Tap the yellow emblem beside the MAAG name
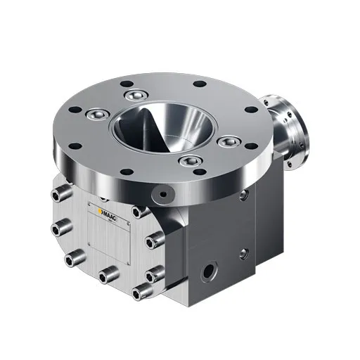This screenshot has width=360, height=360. coord(101,212)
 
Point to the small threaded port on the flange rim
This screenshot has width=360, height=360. coord(163,194)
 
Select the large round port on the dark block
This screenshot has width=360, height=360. coord(208,271)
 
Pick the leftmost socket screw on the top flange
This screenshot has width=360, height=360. coord(98,115)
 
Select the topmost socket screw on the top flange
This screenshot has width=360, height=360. coord(136,95)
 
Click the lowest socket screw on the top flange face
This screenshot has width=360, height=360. coord(189,161)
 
